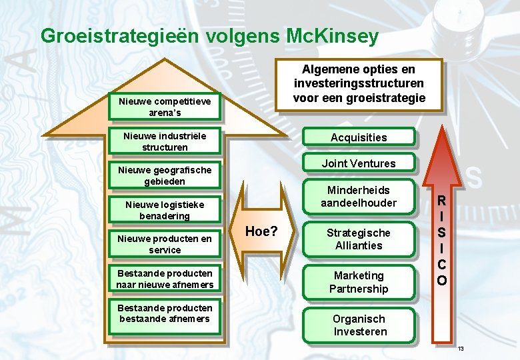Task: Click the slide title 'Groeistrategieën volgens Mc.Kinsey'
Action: tap(209, 35)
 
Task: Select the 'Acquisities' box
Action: tap(359, 137)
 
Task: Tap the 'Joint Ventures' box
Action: tap(359, 163)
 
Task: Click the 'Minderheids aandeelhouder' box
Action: tap(359, 197)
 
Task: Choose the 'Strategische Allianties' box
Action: tap(359, 239)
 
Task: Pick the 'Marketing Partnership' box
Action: tap(359, 282)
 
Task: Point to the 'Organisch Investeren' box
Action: tap(359, 325)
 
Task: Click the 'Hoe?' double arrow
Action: tap(262, 231)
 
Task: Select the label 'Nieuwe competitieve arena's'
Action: tap(165, 107)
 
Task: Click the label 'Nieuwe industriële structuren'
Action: tap(165, 141)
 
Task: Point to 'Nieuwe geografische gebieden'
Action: tap(165, 175)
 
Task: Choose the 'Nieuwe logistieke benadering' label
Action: tap(165, 210)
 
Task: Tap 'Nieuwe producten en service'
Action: tap(165, 244)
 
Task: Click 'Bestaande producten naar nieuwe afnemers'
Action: tap(165, 279)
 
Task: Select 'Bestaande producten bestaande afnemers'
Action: tap(165, 313)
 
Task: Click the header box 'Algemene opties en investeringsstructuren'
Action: tap(359, 83)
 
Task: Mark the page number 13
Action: tap(461, 349)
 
